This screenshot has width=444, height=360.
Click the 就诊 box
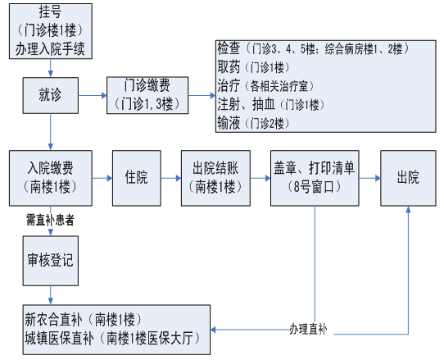(51, 95)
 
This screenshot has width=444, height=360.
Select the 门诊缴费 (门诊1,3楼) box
(147, 95)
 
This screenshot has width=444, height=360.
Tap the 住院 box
(137, 178)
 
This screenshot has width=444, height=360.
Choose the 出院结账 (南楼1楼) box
(215, 178)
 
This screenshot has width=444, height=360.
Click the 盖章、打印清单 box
(315, 178)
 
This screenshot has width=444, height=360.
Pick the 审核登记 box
(51, 261)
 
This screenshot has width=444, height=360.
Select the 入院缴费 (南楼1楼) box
(51, 178)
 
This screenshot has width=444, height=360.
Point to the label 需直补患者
(50, 220)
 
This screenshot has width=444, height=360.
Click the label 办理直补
(308, 330)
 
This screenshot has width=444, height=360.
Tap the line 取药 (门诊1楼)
(254, 67)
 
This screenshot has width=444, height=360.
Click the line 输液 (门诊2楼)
(254, 123)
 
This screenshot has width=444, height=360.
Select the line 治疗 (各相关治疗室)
(266, 86)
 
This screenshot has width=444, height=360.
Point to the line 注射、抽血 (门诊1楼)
(271, 105)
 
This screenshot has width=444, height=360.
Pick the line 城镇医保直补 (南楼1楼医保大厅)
(112, 339)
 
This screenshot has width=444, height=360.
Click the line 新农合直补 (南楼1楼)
(83, 320)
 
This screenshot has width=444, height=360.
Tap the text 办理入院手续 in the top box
(50, 48)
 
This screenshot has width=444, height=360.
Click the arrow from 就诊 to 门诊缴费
(93, 95)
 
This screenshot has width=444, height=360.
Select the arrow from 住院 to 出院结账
(171, 178)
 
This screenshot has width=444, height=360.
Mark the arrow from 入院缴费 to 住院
(102, 178)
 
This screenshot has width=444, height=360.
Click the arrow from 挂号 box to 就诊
(51, 68)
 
